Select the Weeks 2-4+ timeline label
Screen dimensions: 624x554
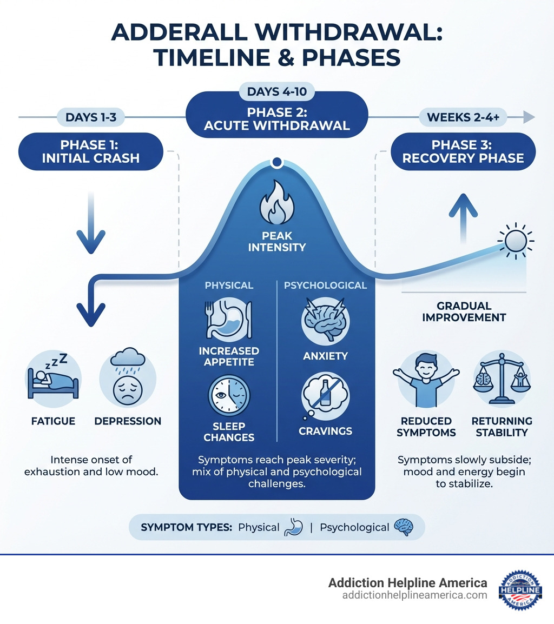(x=463, y=117)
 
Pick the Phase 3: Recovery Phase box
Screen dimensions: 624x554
(x=463, y=151)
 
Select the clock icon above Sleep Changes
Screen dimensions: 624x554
(x=229, y=396)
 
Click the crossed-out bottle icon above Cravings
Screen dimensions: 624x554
(x=325, y=396)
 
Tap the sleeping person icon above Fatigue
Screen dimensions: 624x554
(x=53, y=376)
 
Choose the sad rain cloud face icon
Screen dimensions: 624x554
(x=128, y=376)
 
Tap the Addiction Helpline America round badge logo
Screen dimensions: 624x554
(x=520, y=589)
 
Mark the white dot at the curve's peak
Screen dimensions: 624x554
(x=277, y=162)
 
